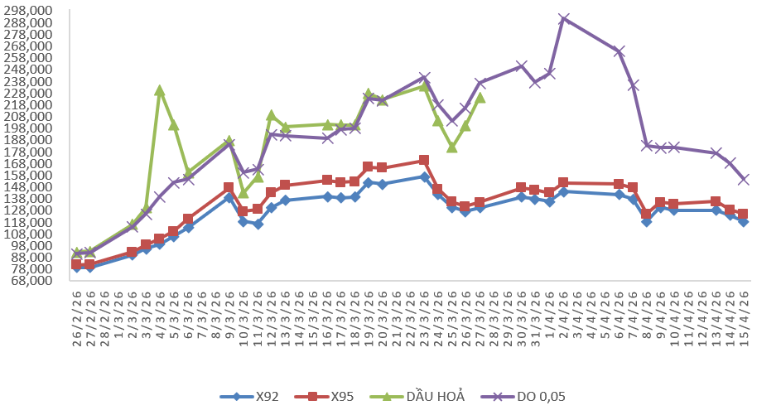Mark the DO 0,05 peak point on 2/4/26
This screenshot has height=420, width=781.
(563, 19)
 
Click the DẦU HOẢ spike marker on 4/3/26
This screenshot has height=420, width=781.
(160, 90)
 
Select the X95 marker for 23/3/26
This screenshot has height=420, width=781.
(424, 161)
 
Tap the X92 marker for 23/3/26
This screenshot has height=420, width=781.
(424, 176)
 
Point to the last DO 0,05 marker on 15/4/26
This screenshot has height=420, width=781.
(744, 179)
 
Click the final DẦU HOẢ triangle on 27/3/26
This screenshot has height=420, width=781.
(480, 98)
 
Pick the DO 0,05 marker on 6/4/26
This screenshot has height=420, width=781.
(619, 51)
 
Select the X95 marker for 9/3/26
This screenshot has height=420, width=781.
(229, 187)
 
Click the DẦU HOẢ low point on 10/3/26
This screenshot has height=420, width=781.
(243, 193)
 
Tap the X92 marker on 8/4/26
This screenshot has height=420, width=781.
(647, 221)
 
